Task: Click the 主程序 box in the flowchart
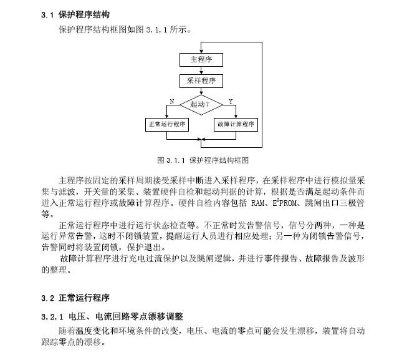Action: click(x=201, y=60)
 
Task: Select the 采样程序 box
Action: click(x=201, y=81)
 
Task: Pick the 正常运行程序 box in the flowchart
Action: click(x=167, y=124)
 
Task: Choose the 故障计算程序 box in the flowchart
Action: click(x=236, y=124)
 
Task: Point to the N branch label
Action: click(x=172, y=100)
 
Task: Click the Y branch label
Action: click(x=231, y=100)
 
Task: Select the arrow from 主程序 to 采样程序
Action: click(x=201, y=71)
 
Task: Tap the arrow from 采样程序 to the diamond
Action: click(x=201, y=91)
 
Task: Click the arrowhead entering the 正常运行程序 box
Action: click(x=167, y=116)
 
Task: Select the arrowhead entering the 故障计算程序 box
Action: click(x=236, y=116)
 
